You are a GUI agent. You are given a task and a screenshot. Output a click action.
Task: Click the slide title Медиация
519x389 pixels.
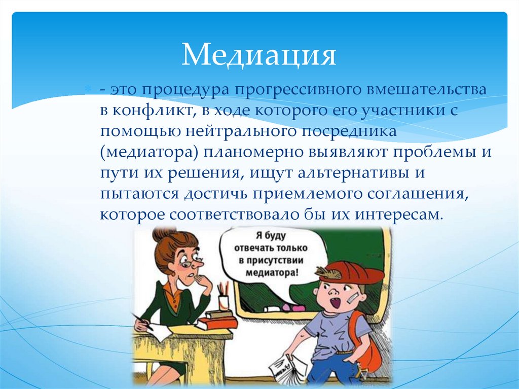pyautogui.click(x=259, y=55)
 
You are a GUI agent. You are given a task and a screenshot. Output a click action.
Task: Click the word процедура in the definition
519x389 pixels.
pyautogui.click(x=181, y=89)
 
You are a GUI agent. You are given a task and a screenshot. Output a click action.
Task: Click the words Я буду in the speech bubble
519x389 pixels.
pyautogui.click(x=271, y=236)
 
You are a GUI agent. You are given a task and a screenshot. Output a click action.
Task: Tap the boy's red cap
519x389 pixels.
pyautogui.click(x=349, y=274)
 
